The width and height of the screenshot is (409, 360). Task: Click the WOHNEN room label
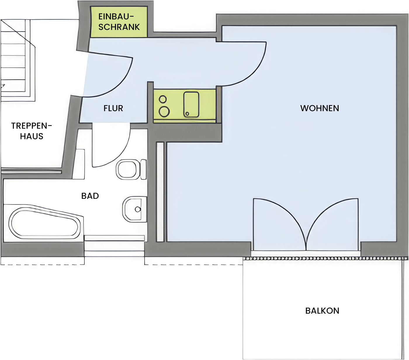pos(320,108)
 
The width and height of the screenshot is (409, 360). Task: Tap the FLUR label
pos(113,108)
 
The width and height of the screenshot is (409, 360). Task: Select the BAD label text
pos(90,196)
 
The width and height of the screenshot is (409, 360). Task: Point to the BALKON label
pos(322,311)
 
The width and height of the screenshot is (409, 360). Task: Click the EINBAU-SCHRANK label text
pos(119,22)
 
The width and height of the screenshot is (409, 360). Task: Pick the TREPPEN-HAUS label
pos(32,131)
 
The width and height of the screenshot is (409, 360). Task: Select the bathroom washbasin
pos(135,209)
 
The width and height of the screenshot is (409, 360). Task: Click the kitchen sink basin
pos(191,105)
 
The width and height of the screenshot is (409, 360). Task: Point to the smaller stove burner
pos(163,99)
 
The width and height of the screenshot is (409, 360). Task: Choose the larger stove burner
pos(164,112)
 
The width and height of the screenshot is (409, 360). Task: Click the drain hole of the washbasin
pos(138,210)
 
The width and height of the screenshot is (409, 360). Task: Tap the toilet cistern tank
pos(143,169)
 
